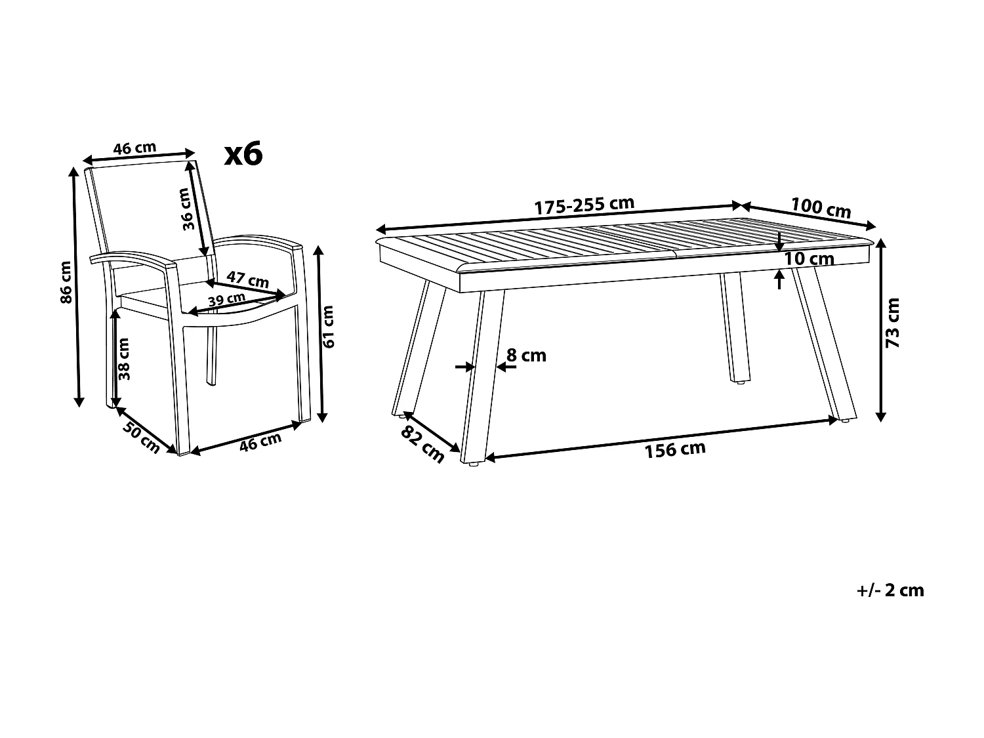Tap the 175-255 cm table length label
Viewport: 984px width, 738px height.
(584, 205)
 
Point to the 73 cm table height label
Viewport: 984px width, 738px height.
(893, 322)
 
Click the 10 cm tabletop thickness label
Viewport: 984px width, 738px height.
(809, 258)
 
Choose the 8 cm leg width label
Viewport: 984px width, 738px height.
(526, 356)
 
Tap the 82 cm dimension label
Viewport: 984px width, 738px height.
(422, 444)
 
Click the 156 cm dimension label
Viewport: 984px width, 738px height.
(666, 449)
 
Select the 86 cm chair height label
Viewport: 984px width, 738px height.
(66, 282)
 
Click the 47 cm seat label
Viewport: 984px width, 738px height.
(248, 279)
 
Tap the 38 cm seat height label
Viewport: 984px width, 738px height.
(125, 358)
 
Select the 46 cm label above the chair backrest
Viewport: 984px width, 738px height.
(134, 148)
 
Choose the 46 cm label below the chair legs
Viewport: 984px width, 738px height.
(260, 442)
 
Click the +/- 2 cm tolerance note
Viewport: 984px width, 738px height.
(890, 590)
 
